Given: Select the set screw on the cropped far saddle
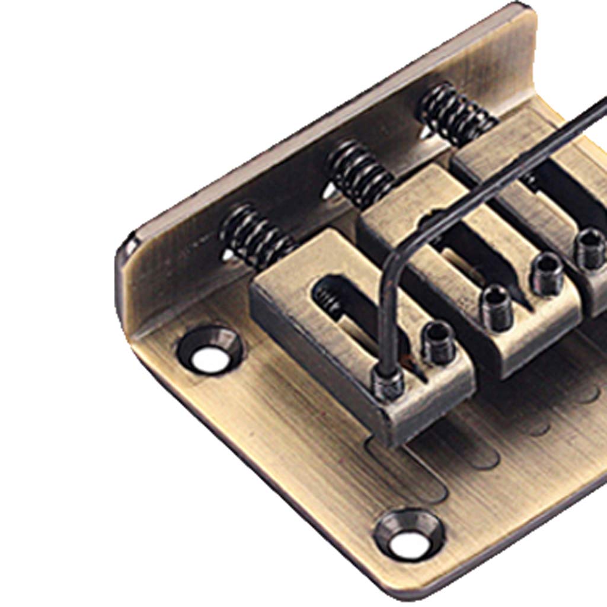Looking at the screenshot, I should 590,248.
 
